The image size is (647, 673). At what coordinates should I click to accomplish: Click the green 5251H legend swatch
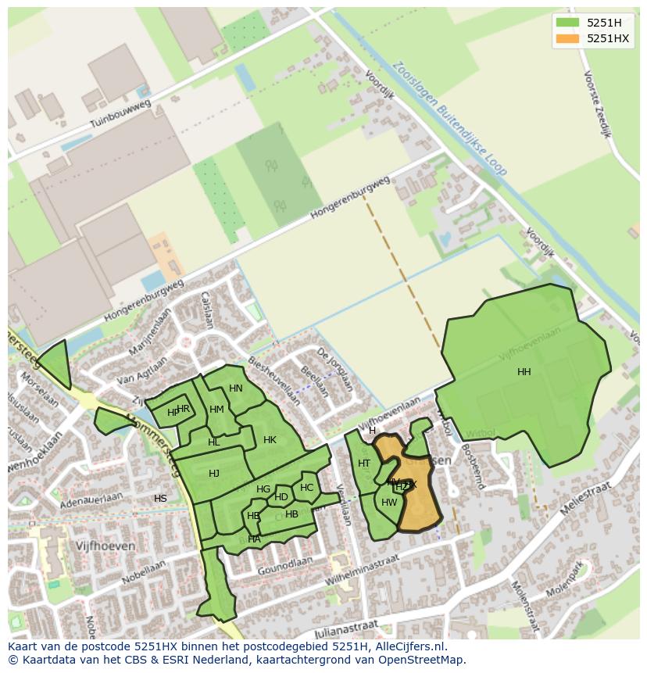point(567,22)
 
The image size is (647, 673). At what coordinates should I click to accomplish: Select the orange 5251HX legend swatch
point(567,38)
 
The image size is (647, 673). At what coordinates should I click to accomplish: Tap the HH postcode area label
point(524,372)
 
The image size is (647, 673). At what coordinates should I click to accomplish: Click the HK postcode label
point(270,440)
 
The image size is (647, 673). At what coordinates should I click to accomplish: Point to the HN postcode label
point(235,388)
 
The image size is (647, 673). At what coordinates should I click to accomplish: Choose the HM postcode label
point(216,410)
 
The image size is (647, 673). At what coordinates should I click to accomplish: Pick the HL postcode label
point(214,442)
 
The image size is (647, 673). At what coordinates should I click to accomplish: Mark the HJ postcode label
point(213,474)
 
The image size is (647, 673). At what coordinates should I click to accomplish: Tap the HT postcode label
point(364,464)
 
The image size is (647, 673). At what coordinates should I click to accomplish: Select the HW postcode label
point(389,503)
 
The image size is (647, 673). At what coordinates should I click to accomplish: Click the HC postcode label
point(306,488)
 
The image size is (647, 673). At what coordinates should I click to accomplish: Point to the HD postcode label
point(281,497)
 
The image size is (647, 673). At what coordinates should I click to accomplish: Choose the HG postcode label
point(263,490)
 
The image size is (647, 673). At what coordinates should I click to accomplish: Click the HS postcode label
point(160,499)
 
